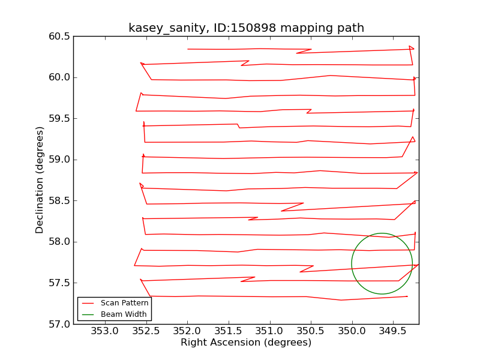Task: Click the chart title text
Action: pos(246,28)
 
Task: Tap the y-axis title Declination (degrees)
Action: pos(40,180)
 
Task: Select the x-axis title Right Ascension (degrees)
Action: pos(246,343)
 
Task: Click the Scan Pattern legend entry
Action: pos(124,303)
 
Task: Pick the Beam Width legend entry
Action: pos(123,314)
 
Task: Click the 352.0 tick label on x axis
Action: pos(188,331)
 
